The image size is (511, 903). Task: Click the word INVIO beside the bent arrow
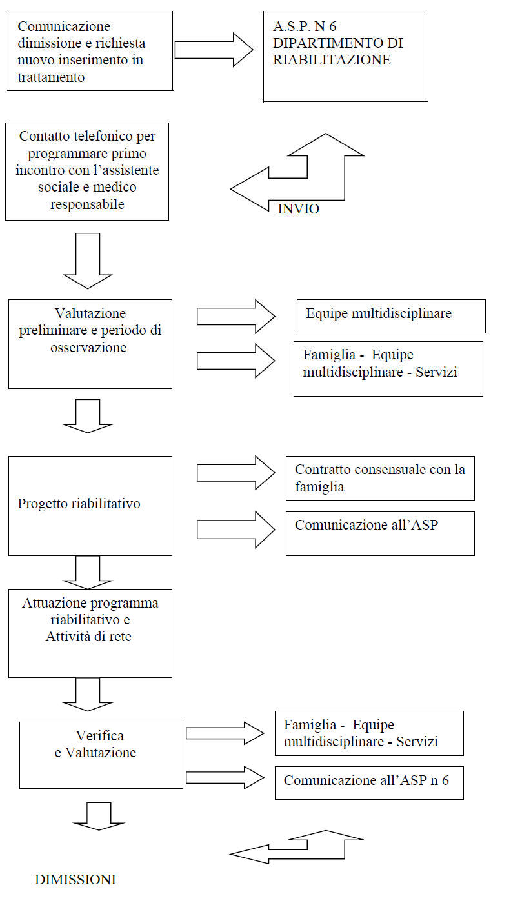298,209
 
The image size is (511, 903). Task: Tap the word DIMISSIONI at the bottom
75,879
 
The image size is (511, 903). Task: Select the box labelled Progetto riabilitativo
90,506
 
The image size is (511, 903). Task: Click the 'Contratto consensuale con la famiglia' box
380,478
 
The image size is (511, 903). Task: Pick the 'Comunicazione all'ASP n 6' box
370,783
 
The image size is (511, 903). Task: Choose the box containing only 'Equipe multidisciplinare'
391,316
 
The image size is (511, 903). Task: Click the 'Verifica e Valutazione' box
101,755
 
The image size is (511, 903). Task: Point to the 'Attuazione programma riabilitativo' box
90,633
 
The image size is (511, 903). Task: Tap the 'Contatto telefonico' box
87,172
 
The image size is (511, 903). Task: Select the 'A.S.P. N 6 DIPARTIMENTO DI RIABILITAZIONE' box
346,57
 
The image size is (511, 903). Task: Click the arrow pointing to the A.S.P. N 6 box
214,50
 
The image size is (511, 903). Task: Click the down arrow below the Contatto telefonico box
88,261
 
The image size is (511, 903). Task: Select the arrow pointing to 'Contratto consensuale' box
236,473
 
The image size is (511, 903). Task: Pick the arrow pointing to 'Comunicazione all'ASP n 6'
225,777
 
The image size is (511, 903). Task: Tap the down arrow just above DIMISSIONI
99,817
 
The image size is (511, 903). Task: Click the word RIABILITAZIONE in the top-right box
332,60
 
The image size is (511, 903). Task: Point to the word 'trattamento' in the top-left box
51,77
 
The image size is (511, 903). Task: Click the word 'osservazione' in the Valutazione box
88,348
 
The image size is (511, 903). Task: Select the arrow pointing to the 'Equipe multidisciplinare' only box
236,317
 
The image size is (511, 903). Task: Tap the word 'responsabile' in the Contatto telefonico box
87,204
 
